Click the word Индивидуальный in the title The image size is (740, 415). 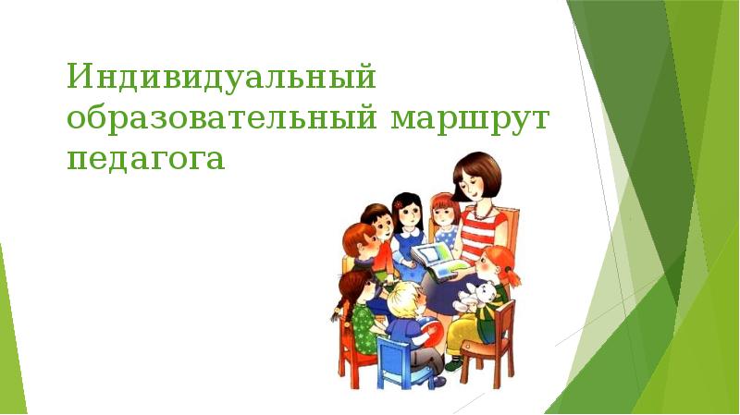221,77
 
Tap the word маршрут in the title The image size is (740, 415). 470,120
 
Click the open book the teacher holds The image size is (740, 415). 438,262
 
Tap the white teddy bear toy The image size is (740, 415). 475,298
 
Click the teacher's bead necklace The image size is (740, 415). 484,214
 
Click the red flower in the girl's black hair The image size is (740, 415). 399,204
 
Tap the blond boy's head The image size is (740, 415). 406,300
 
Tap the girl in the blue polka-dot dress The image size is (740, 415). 446,222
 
